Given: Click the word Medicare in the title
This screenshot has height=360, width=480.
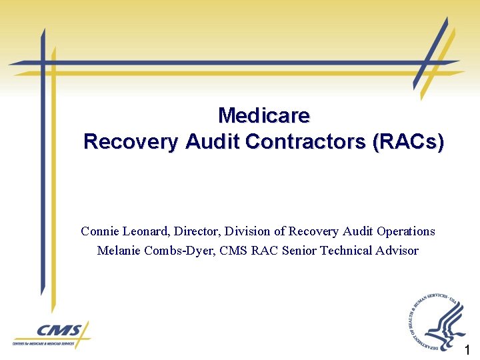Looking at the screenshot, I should [x=264, y=116].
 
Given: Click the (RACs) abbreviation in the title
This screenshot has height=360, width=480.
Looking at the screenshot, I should [x=409, y=142].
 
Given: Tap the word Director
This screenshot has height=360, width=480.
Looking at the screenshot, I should [x=198, y=231].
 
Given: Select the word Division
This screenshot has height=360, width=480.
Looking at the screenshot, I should [x=247, y=231].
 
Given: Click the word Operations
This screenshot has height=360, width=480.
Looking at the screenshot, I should [x=406, y=231].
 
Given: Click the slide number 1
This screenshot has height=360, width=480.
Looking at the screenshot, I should [x=468, y=350].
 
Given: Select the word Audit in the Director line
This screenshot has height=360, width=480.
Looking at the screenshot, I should [x=359, y=231].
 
